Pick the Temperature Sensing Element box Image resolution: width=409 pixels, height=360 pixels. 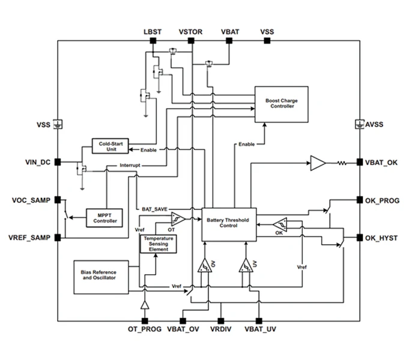click(158, 243)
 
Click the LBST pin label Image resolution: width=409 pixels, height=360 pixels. click(153, 31)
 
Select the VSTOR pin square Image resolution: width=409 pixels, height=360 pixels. click(191, 41)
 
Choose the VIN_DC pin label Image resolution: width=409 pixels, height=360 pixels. click(37, 162)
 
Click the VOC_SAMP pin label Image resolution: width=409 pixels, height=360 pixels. click(31, 200)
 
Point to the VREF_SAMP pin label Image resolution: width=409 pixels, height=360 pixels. click(29, 238)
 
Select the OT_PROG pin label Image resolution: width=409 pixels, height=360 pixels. click(144, 329)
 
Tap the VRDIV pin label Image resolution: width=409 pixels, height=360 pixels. click(221, 329)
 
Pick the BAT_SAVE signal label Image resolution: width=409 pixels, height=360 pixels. click(154, 209)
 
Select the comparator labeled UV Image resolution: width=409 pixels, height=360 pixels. click(244, 265)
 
